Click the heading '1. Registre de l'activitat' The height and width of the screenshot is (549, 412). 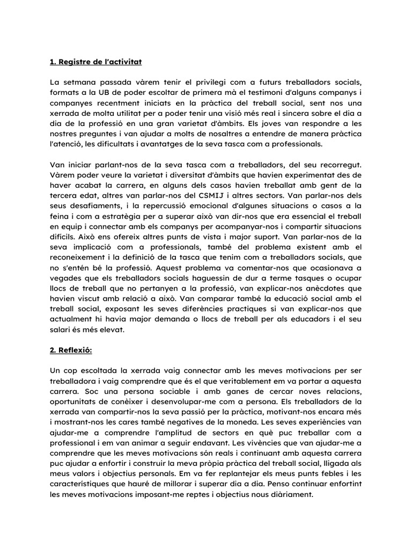[95, 62]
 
